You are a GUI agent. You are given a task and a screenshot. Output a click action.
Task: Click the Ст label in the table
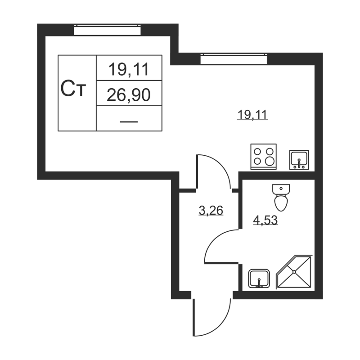(x=73, y=89)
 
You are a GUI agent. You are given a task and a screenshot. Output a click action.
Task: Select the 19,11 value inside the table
(x=129, y=69)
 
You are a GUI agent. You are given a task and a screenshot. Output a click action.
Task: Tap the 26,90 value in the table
(x=129, y=95)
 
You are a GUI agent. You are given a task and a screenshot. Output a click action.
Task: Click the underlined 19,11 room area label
(x=252, y=115)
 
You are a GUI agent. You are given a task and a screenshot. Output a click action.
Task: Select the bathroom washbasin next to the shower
(x=259, y=279)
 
